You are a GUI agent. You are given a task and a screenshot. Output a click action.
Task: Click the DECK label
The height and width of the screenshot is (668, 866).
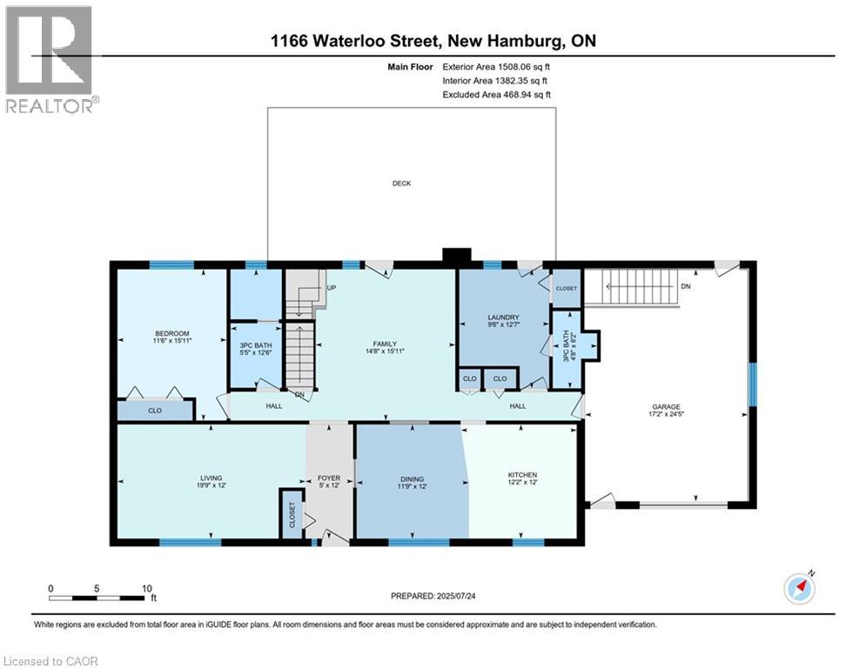pos(401,184)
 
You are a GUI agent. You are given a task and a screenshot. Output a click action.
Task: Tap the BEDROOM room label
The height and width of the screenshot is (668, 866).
pos(172,333)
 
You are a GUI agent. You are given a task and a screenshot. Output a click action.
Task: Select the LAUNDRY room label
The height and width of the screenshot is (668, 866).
pos(503,317)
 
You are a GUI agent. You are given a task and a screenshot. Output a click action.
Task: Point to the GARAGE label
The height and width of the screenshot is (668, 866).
pos(666,407)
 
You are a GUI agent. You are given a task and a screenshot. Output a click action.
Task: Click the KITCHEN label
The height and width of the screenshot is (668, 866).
pos(522,475)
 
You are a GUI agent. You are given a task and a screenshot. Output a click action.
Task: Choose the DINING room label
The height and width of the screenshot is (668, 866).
pos(412,479)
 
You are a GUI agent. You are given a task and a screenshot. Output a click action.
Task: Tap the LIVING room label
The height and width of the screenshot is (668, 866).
pos(211,478)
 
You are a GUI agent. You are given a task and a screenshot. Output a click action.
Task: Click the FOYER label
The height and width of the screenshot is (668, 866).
pos(329,478)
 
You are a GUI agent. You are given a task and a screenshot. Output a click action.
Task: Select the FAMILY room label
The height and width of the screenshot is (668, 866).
pos(385,344)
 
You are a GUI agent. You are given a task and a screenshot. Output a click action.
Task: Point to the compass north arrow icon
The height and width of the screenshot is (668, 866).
pos(800,589)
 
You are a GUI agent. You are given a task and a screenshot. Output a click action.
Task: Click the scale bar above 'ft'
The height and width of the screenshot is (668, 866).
pos(97,598)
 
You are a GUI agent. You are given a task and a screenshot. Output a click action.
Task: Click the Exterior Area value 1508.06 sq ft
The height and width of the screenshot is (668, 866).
pos(524,67)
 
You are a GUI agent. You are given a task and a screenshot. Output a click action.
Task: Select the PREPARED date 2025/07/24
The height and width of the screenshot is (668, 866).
pos(456,596)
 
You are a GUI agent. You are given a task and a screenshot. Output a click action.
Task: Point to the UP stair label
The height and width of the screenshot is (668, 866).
pos(332,288)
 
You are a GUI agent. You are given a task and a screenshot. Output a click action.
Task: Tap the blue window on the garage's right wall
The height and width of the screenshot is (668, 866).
pos(752,384)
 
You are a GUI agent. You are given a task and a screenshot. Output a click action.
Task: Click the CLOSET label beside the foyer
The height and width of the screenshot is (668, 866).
pos(292,515)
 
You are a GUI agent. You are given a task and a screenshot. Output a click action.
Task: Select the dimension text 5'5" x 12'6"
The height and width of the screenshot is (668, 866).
pos(256,353)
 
